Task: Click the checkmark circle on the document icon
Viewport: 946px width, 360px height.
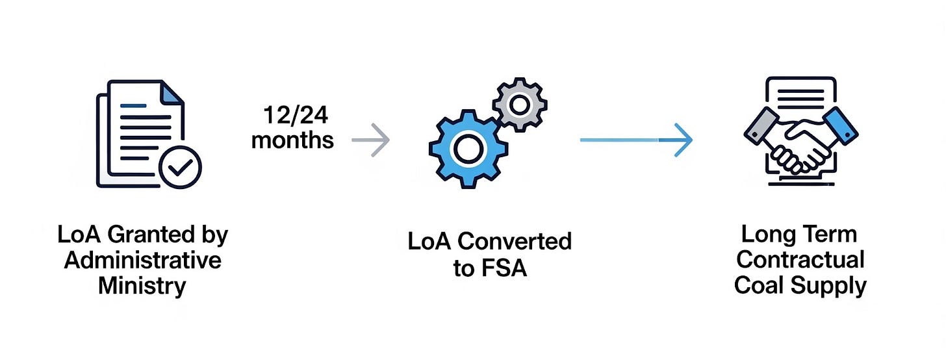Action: [181, 167]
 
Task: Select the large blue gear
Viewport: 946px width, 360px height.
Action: [466, 149]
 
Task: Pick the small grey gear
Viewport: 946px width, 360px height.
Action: [519, 103]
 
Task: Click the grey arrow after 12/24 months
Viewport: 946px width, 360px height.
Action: [371, 140]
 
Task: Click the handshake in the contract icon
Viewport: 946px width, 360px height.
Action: [800, 146]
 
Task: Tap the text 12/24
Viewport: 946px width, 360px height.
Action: [296, 116]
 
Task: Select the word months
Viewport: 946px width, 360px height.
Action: [292, 140]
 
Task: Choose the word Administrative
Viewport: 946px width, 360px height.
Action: [143, 260]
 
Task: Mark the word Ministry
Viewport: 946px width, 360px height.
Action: [142, 285]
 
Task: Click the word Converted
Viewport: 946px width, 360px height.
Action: [514, 241]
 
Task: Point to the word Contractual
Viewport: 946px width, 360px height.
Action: [800, 259]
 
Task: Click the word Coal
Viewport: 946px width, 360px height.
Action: [761, 285]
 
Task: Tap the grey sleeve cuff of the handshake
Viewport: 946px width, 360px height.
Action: [761, 126]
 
